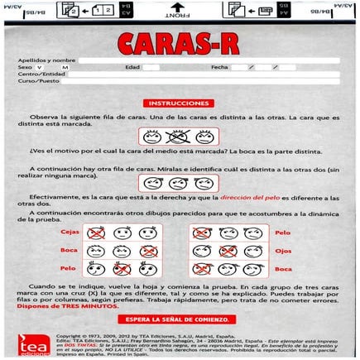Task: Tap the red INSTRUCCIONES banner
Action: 180,103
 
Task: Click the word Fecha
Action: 219,67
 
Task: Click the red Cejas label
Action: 70,233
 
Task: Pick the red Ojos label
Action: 283,251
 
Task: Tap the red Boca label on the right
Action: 283,269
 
